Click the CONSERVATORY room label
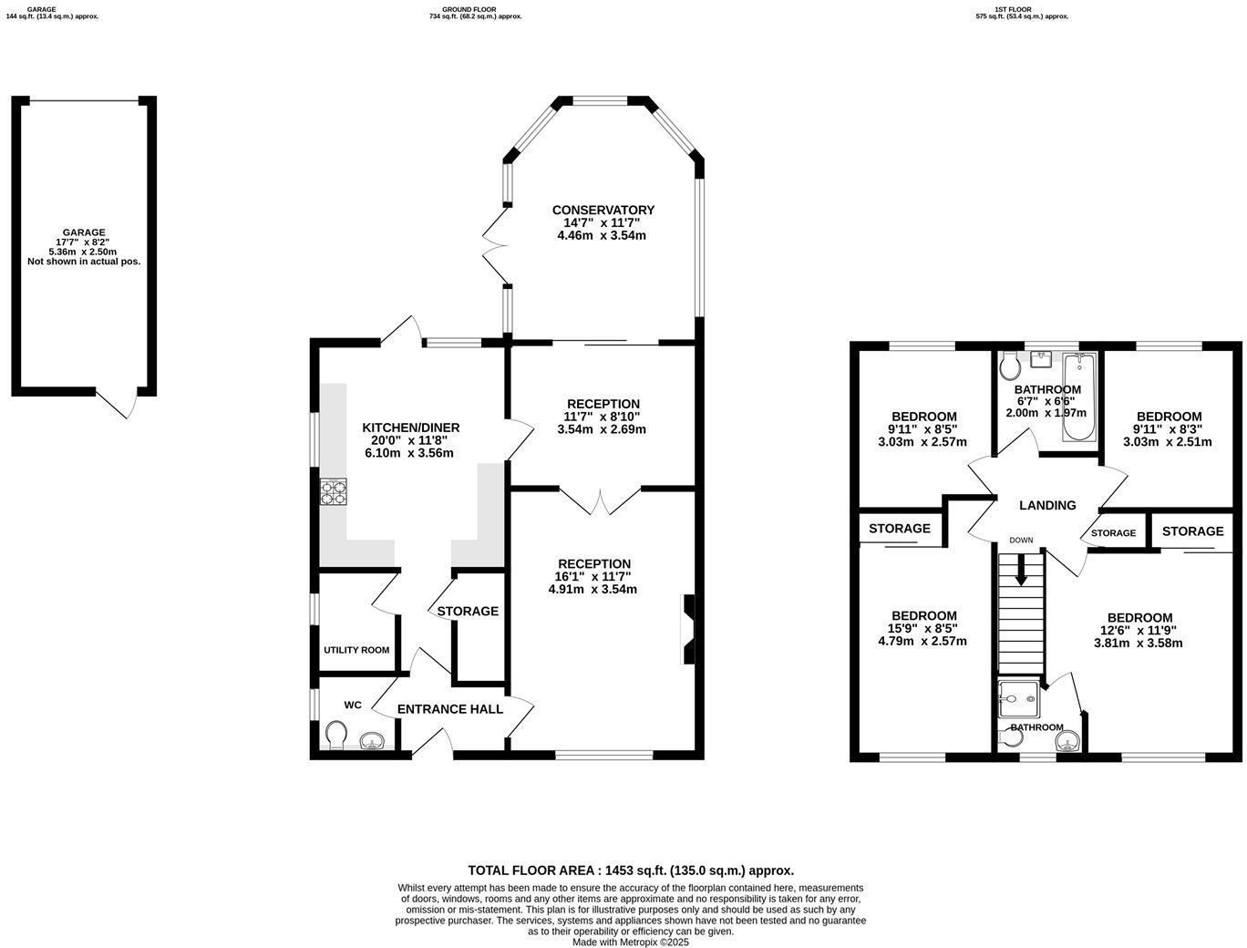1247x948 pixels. click(603, 210)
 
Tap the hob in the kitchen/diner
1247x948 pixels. click(334, 492)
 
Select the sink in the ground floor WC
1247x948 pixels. click(372, 741)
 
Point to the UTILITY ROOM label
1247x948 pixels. click(356, 650)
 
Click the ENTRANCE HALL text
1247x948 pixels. click(449, 709)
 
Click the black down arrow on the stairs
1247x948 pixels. click(1021, 570)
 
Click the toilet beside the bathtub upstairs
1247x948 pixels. click(1009, 366)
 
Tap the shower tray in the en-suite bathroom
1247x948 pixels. click(1018, 699)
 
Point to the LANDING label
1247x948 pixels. click(1047, 505)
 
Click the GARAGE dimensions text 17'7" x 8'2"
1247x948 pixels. click(84, 242)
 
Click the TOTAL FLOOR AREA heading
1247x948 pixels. click(630, 871)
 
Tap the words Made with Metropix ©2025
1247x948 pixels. click(630, 942)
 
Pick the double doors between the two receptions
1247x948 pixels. click(601, 500)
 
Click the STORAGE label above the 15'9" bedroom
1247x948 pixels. click(899, 529)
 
